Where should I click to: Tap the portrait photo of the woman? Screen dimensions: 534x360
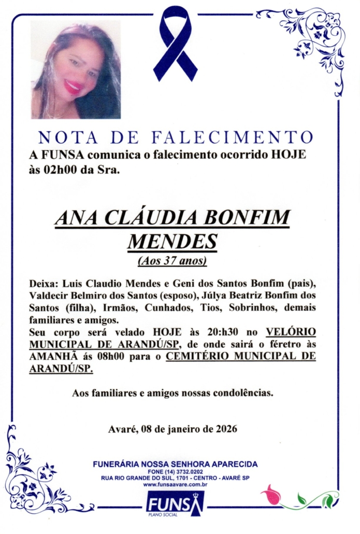point(76,70)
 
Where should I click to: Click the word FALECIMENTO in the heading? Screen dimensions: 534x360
point(233,137)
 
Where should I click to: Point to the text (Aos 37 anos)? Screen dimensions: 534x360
point(172,261)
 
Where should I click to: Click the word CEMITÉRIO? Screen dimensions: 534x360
point(200,357)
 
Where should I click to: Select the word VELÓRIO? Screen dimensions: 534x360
point(291,332)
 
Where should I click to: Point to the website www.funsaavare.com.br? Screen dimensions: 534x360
point(175,484)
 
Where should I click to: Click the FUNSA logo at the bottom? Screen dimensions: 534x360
point(175,503)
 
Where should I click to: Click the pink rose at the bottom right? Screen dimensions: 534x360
point(272,495)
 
